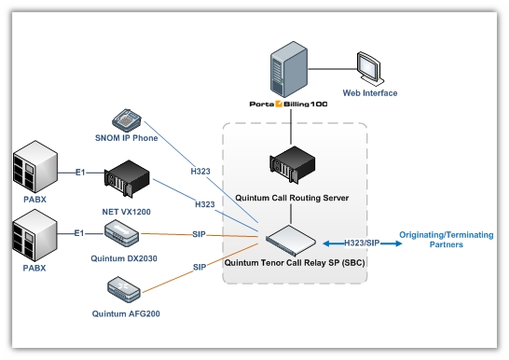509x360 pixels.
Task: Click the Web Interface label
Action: pyautogui.click(x=370, y=93)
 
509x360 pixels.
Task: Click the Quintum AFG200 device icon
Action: pyautogui.click(x=126, y=288)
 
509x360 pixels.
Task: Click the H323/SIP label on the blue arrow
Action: pyautogui.click(x=361, y=242)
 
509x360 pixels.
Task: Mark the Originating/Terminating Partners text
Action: pyautogui.click(x=445, y=239)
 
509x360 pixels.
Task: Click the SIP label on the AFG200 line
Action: pyautogui.click(x=199, y=267)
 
